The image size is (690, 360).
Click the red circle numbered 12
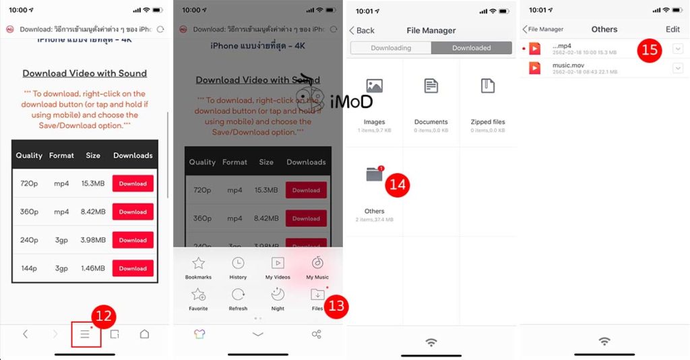pos(104,316)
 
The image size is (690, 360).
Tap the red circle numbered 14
pos(398,184)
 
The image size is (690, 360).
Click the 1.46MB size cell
pos(93,268)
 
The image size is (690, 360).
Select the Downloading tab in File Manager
pos(391,48)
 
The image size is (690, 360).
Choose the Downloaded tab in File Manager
pos(472,48)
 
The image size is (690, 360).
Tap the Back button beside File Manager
pos(362,30)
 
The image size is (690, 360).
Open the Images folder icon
pos(374,86)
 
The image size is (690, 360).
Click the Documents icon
pos(431,86)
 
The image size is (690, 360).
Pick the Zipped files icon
pos(488,86)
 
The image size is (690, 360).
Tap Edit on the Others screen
pos(672,30)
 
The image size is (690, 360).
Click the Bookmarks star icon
pos(198,263)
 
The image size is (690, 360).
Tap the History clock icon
pos(238,263)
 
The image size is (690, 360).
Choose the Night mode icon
pos(278,294)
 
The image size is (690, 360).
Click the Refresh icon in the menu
pos(238,294)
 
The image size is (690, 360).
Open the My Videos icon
pos(278,263)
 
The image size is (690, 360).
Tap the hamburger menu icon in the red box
pos(85,334)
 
